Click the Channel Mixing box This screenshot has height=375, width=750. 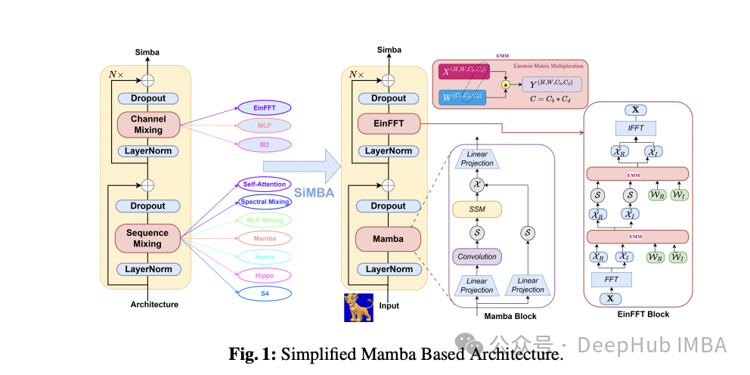(147, 125)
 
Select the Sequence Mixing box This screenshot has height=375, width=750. (147, 237)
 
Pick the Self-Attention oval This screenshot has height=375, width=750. (264, 184)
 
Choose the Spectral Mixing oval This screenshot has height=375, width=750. (265, 202)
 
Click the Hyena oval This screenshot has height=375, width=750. (265, 257)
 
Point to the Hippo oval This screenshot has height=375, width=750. (265, 275)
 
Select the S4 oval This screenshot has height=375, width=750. (265, 293)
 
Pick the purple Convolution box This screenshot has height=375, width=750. (476, 256)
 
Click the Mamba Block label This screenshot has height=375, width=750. (510, 315)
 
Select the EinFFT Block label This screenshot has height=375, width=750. (643, 314)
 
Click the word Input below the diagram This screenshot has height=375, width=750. (389, 305)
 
